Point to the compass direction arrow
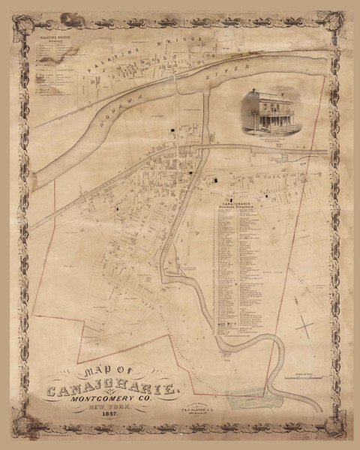(x=304, y=325)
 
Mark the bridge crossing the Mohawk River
(x=178, y=85)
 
